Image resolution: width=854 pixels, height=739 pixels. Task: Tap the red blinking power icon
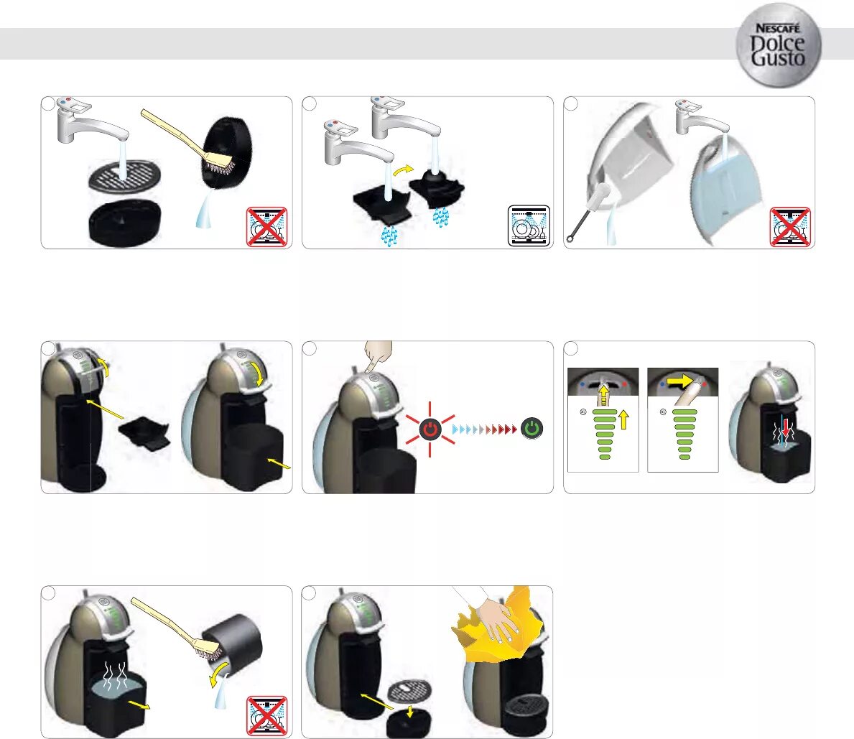[x=430, y=429]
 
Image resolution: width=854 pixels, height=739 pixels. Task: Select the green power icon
[x=532, y=429]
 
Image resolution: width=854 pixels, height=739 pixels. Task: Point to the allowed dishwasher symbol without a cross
[x=529, y=225]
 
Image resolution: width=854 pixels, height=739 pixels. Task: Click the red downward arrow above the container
[x=787, y=427]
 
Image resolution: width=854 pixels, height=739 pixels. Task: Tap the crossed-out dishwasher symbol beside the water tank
[x=789, y=226]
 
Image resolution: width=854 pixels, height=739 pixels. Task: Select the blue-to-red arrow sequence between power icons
[x=484, y=429]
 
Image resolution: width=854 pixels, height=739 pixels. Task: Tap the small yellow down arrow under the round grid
[x=409, y=711]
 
